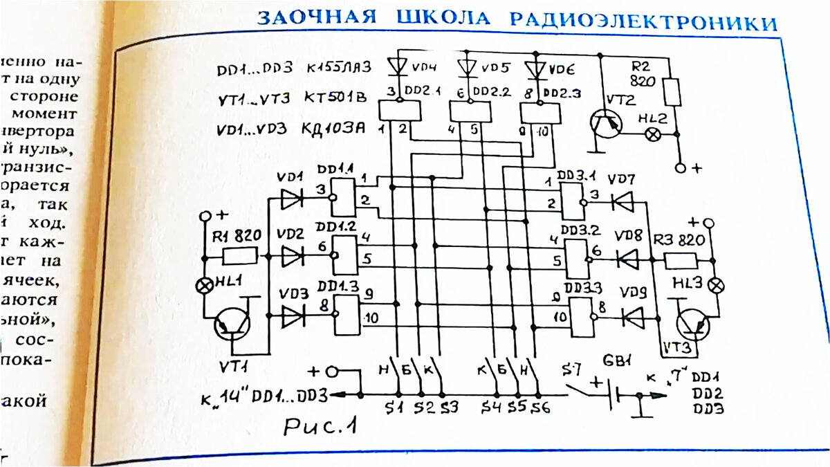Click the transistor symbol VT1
(230, 324)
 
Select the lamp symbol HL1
(205, 284)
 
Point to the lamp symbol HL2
(651, 135)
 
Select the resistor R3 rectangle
(681, 261)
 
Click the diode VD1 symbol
(292, 199)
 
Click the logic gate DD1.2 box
(344, 254)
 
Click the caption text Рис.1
(320, 427)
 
